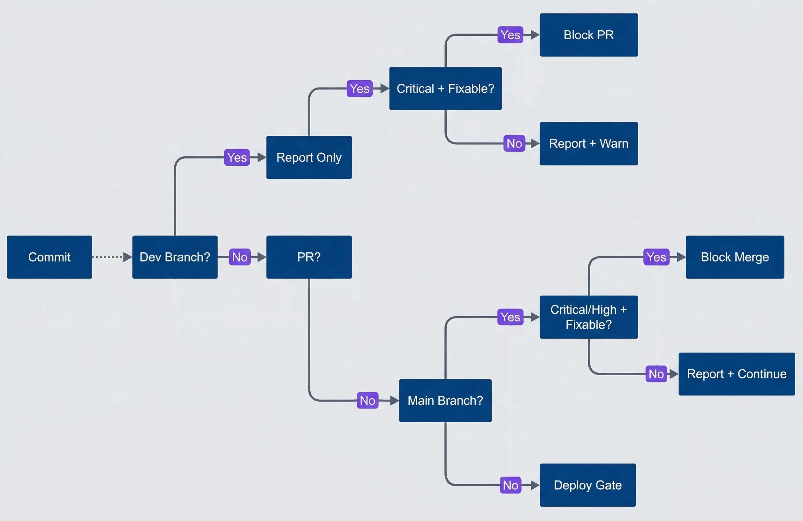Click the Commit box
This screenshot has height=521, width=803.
tap(49, 257)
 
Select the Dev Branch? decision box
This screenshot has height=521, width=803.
tap(175, 257)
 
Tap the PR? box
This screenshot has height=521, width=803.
tap(309, 257)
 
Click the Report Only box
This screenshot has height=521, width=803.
tap(309, 157)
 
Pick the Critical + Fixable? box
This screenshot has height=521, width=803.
tap(445, 88)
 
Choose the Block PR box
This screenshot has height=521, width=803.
tap(588, 35)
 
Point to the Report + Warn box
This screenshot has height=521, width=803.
tap(588, 143)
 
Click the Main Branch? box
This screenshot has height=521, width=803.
tap(445, 401)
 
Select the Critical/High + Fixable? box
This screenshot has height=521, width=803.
tap(588, 317)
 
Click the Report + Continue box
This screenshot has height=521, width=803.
tap(737, 374)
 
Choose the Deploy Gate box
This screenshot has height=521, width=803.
tap(587, 485)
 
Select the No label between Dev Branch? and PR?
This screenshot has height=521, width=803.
tap(239, 257)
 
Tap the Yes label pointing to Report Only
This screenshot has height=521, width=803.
tap(237, 157)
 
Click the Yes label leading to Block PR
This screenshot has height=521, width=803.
tap(510, 35)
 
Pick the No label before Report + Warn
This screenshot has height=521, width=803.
tap(514, 143)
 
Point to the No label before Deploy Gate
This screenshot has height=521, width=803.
tap(510, 485)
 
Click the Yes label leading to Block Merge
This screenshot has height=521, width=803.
tap(656, 257)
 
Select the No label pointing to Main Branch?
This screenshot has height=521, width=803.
tap(367, 401)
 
